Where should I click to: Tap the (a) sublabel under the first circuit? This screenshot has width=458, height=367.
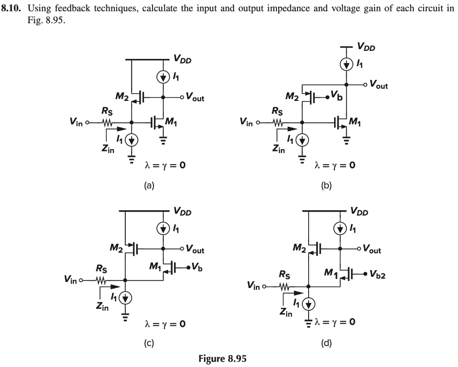[x=149, y=185]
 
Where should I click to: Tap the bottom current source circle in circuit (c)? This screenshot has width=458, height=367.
[x=125, y=298]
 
